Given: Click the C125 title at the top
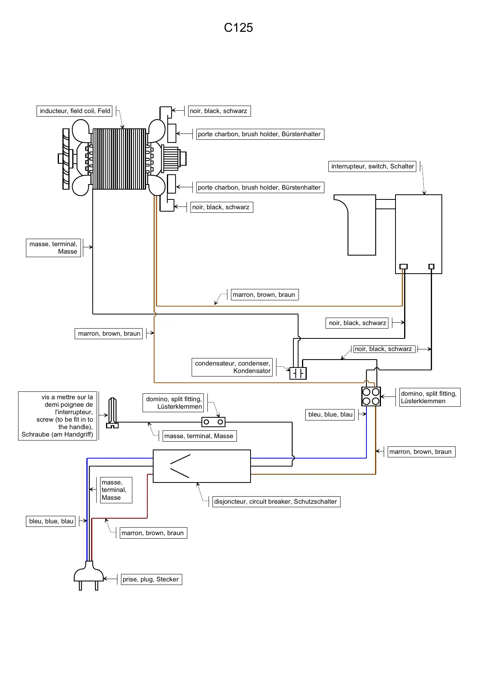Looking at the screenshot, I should pyautogui.click(x=238, y=27).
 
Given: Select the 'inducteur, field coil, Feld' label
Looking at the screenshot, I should pyautogui.click(x=75, y=111).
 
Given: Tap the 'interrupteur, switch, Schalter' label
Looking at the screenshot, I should pyautogui.click(x=372, y=166).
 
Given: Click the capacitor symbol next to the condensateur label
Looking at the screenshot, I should pyautogui.click(x=298, y=373).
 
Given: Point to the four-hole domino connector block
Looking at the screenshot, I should pyautogui.click(x=371, y=397).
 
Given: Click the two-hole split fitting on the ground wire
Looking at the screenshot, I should pyautogui.click(x=213, y=422).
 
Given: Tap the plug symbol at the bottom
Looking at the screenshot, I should pyautogui.click(x=89, y=575).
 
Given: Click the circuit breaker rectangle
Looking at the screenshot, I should pyautogui.click(x=201, y=466).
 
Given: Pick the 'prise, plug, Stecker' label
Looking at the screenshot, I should pyautogui.click(x=150, y=579).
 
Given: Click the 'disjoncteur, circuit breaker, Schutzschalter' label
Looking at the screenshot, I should pyautogui.click(x=276, y=502).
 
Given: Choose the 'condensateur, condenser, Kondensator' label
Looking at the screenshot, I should pyautogui.click(x=232, y=367).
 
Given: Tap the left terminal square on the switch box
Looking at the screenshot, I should pyautogui.click(x=403, y=267).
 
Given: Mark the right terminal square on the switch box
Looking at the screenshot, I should pyautogui.click(x=431, y=267).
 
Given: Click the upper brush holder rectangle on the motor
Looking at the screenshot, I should pyautogui.click(x=172, y=133).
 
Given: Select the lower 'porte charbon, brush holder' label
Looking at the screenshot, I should pyautogui.click(x=259, y=188).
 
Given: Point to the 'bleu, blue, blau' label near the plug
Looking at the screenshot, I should pyautogui.click(x=51, y=521).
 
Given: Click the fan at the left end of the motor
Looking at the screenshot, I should pyautogui.click(x=66, y=159).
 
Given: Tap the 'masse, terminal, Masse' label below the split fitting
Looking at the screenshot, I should pyautogui.click(x=199, y=436).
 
